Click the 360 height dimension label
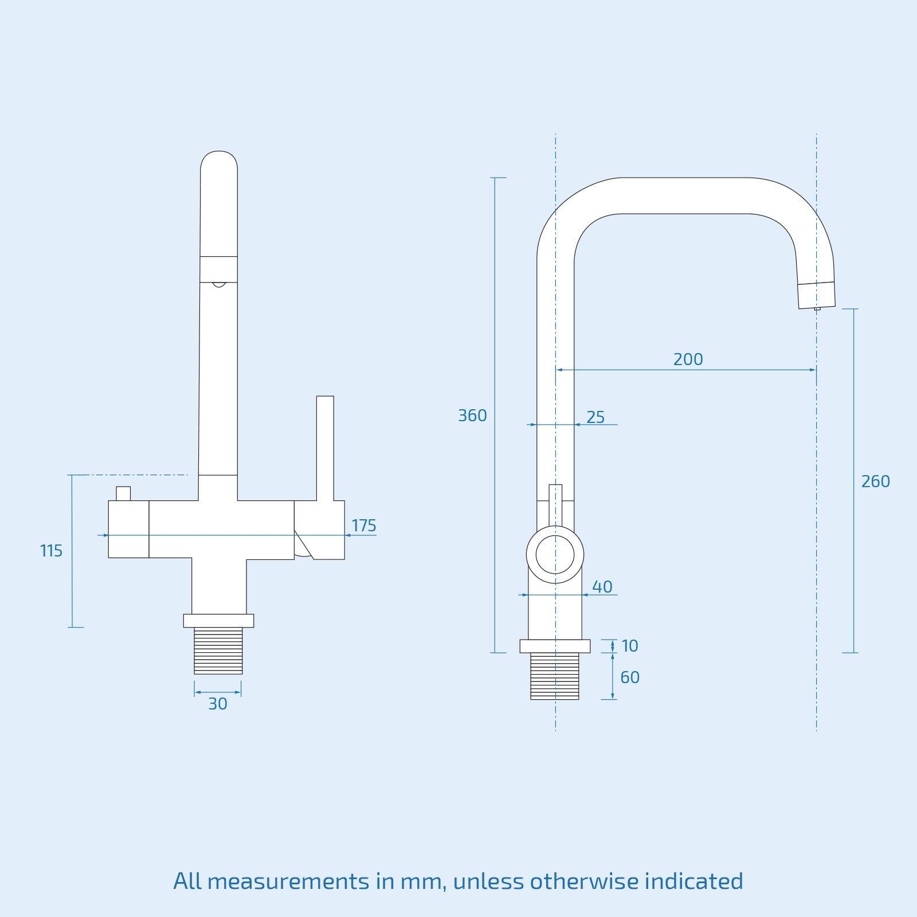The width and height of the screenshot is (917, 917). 472,416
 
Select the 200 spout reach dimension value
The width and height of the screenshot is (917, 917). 688,359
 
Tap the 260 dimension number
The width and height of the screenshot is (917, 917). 875,481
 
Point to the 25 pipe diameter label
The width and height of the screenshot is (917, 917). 595,417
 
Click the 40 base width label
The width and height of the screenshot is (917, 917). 602,587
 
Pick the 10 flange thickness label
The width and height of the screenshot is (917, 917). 629,646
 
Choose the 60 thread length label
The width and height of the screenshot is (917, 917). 629,677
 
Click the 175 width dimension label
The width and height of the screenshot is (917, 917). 363,526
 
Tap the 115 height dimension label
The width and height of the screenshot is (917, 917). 51,551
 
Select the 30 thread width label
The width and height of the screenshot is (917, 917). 218,704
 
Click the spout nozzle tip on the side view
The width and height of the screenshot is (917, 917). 817,295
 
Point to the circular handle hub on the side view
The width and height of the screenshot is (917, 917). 555,554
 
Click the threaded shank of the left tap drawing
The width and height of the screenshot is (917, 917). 218,650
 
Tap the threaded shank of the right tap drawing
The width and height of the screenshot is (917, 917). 554,676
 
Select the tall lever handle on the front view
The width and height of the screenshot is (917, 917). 325,447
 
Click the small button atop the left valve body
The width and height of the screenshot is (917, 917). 123,493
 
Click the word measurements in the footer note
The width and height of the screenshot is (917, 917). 288,881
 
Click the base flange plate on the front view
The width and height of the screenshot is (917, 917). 218,620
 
